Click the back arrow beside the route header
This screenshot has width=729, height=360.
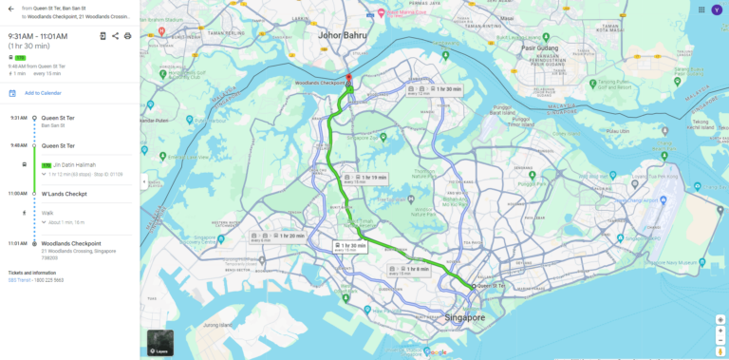tap(10, 10)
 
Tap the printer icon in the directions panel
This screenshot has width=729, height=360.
tap(128, 36)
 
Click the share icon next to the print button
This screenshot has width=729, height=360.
tap(115, 36)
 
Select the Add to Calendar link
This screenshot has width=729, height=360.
tap(43, 93)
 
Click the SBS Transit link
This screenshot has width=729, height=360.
tap(19, 280)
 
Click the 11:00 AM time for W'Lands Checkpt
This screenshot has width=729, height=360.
tap(18, 193)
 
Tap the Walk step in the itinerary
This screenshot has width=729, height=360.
tap(47, 213)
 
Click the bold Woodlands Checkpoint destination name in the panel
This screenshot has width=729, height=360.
tap(71, 243)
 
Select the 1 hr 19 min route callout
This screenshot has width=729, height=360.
tap(365, 179)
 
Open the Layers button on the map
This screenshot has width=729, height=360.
tap(160, 342)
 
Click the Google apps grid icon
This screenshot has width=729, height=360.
tap(701, 9)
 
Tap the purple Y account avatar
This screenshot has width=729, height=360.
tap(717, 9)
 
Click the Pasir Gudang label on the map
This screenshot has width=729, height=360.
tap(539, 44)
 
